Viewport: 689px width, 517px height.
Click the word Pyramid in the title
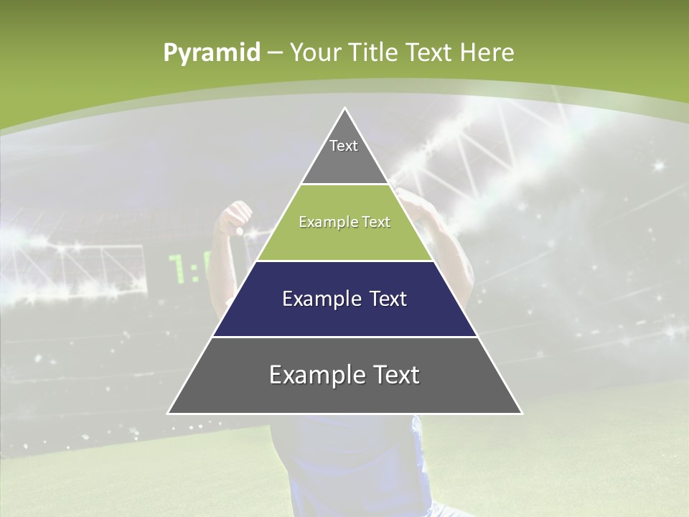click(212, 53)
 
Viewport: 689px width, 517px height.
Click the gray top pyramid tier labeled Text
click(344, 154)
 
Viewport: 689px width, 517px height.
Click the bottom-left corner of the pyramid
click(169, 413)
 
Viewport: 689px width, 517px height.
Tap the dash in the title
click(274, 53)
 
